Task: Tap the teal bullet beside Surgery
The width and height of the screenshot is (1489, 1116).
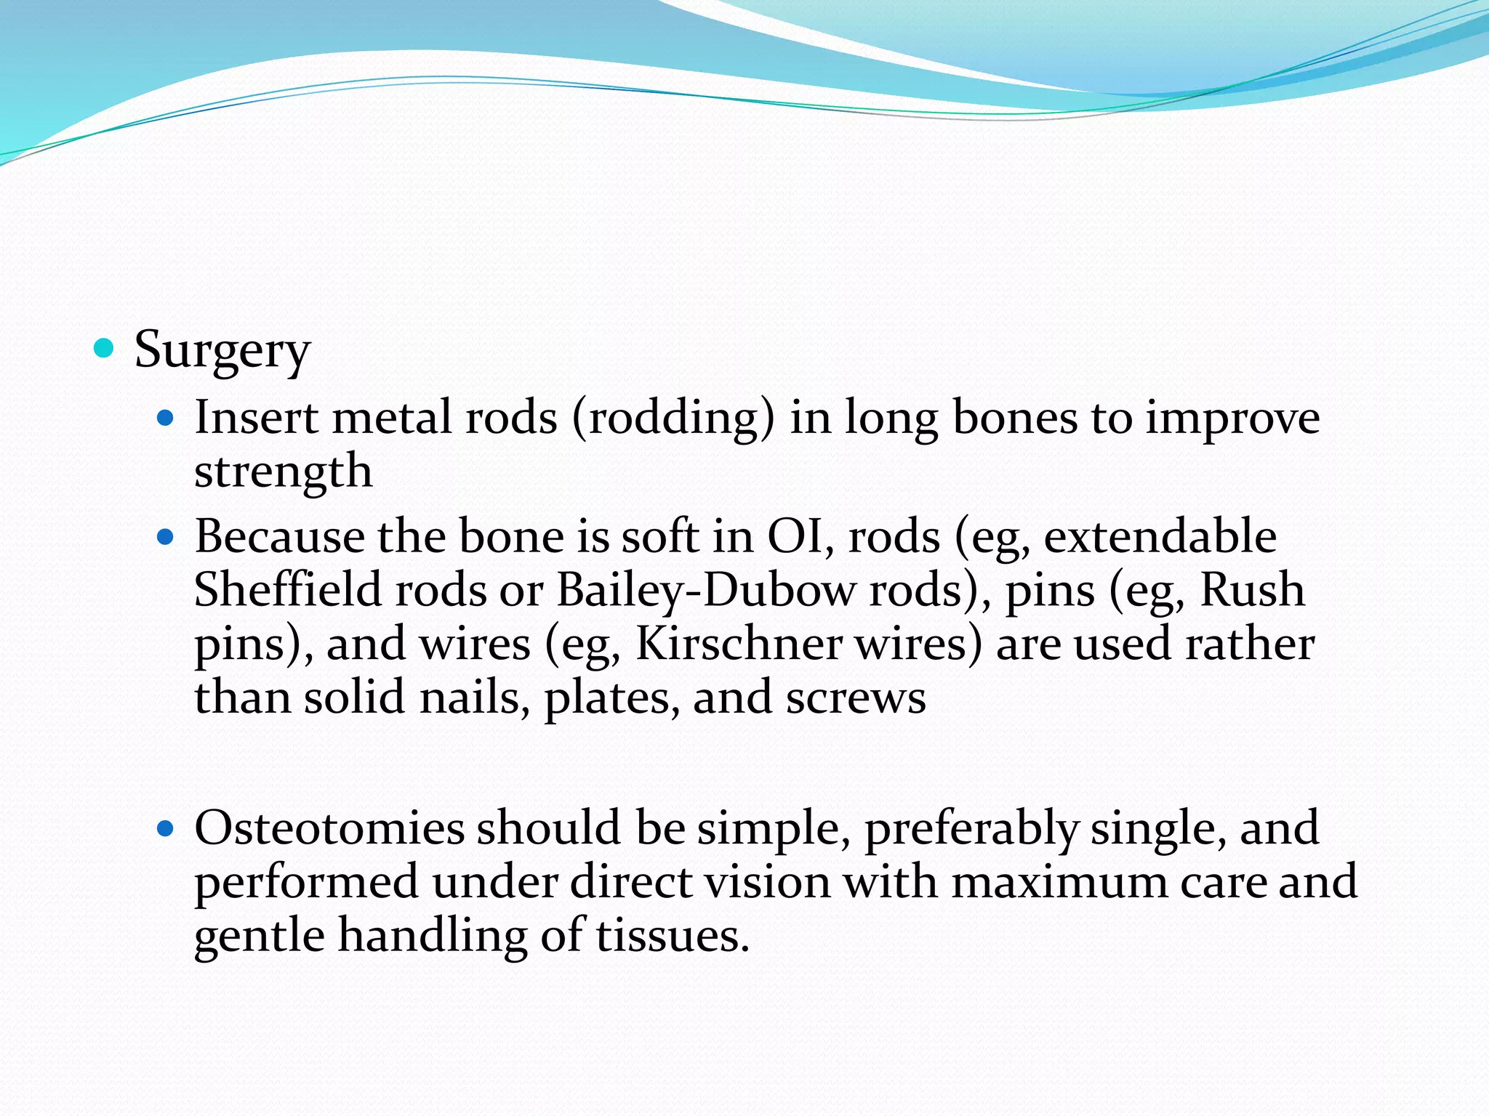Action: tap(105, 349)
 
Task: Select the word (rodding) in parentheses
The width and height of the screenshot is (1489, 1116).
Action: tap(673, 419)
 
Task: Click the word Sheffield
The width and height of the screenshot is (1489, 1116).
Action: tap(288, 590)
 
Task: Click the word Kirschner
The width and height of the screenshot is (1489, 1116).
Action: tap(737, 644)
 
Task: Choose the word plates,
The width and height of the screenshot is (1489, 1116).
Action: tap(612, 698)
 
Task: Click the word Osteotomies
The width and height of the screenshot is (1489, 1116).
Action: tap(329, 828)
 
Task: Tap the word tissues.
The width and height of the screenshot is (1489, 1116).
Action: tap(673, 936)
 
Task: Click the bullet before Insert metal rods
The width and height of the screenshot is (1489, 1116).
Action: tap(166, 418)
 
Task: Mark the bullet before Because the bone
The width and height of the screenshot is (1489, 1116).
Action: tap(166, 538)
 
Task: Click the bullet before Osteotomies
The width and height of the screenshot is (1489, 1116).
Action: tap(166, 828)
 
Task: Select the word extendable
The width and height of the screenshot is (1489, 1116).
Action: tap(1160, 537)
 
